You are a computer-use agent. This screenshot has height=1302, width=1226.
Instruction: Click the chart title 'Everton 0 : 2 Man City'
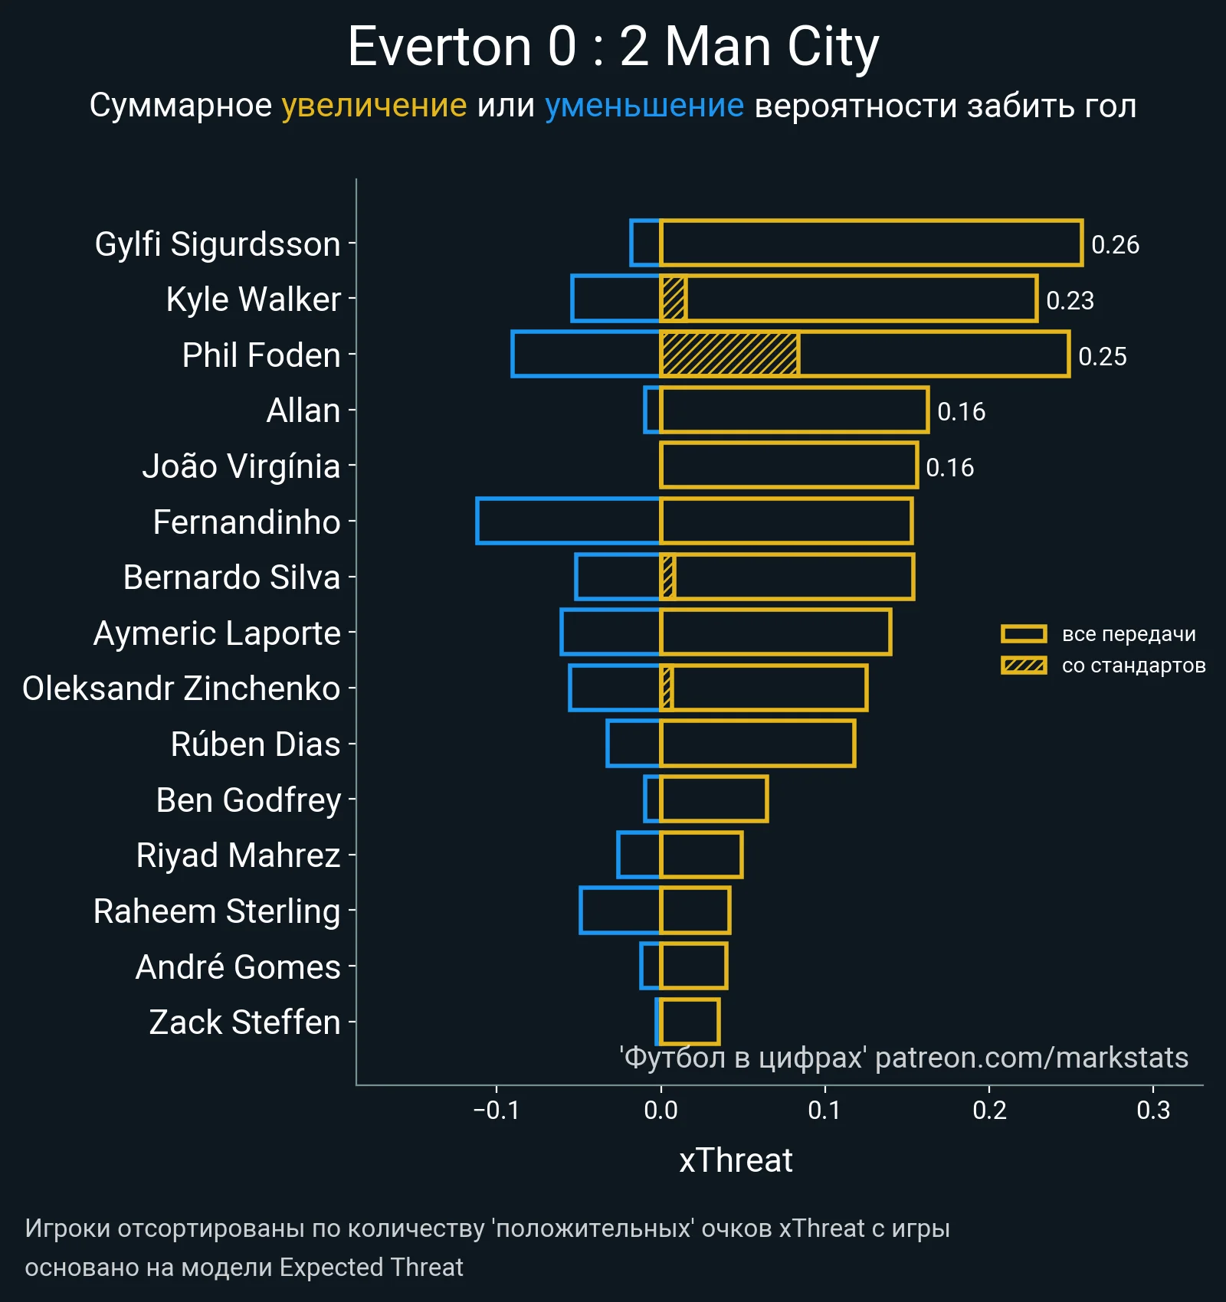click(x=613, y=47)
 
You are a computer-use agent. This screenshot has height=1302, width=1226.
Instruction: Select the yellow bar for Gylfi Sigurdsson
click(x=870, y=244)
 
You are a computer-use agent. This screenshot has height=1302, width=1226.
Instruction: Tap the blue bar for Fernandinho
click(x=568, y=521)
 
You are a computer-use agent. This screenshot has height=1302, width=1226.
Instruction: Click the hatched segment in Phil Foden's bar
click(x=729, y=355)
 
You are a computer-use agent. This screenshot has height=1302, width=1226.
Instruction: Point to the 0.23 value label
click(x=1070, y=300)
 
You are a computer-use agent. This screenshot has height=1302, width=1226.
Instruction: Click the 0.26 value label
click(x=1115, y=245)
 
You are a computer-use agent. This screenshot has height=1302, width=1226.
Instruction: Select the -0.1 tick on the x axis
click(x=497, y=1110)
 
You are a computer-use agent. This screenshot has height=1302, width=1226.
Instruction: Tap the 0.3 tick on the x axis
click(x=1153, y=1110)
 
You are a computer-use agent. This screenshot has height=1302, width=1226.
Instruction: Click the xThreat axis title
click(x=736, y=1160)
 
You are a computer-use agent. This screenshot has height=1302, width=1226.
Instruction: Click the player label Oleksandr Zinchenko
click(x=182, y=689)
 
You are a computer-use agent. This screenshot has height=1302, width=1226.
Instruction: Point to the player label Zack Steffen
click(x=244, y=1022)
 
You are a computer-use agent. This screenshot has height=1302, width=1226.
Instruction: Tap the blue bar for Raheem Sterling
click(x=620, y=911)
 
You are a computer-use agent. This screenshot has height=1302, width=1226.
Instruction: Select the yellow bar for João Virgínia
click(x=788, y=466)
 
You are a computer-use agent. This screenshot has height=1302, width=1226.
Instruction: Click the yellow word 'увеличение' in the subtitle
click(x=374, y=106)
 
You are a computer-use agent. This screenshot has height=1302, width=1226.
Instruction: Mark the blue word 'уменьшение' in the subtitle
click(x=644, y=106)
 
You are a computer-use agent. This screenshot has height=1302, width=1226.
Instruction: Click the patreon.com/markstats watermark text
click(x=1031, y=1058)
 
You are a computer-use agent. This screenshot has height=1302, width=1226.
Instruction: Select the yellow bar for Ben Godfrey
click(x=713, y=800)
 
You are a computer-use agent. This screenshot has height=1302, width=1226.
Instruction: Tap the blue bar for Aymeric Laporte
click(x=610, y=633)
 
